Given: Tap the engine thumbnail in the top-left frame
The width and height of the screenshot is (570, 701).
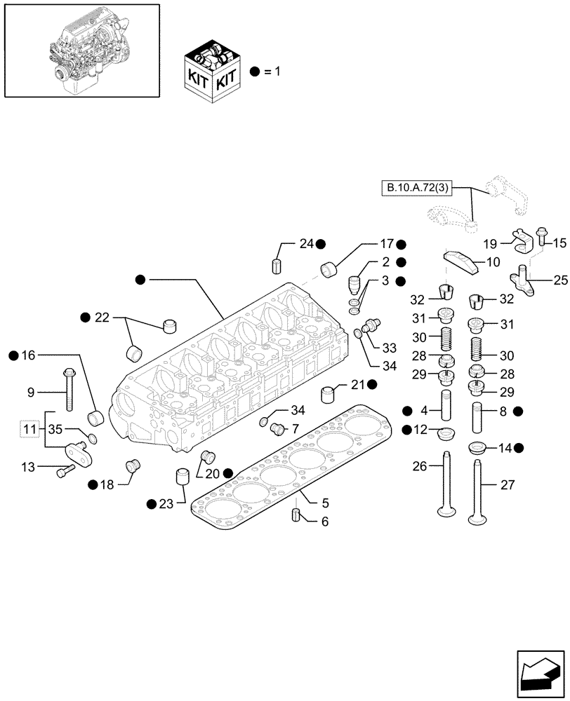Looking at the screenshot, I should (80, 49).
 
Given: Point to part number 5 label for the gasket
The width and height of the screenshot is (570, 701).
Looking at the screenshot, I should (324, 502).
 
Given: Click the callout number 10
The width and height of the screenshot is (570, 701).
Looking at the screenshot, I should (324, 522).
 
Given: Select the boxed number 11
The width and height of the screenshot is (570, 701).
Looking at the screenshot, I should (29, 428).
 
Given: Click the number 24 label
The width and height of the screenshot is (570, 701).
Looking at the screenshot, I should (305, 244).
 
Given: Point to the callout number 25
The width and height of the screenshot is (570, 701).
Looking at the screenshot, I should (560, 280).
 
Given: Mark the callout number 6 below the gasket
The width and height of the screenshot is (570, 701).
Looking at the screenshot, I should (324, 522).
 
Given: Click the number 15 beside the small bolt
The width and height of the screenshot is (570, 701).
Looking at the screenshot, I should (559, 243).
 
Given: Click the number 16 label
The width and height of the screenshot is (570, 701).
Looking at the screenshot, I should (27, 356).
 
